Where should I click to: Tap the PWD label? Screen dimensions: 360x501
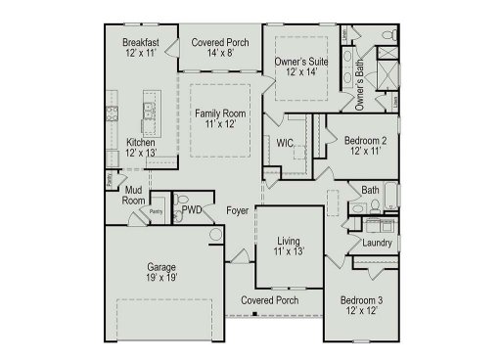(x=192, y=210)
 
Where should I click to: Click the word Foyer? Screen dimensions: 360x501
(x=237, y=210)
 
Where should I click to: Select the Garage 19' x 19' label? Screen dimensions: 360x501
(x=161, y=271)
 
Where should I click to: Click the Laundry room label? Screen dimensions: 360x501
(x=378, y=243)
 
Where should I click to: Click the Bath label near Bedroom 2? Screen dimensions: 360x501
(x=370, y=191)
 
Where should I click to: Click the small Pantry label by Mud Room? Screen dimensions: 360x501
(x=156, y=210)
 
